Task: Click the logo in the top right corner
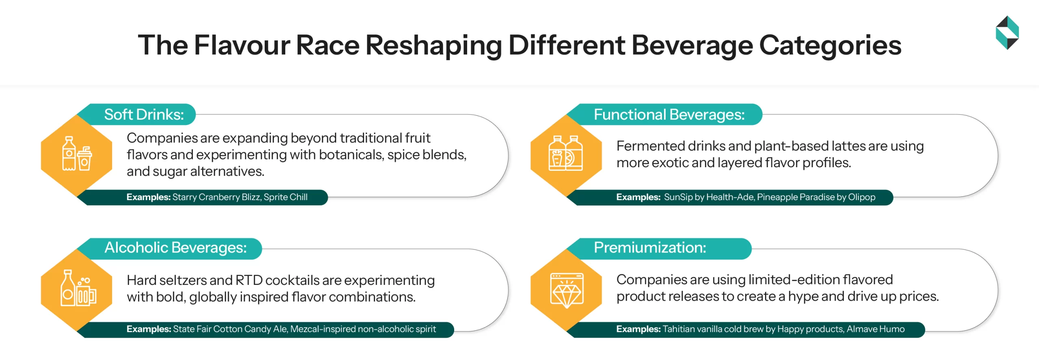[1007, 32]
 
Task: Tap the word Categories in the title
[830, 45]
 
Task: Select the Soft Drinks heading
[144, 114]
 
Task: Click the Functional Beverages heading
[669, 114]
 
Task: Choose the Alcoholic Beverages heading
[175, 248]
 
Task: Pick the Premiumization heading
[649, 248]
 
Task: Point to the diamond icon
[567, 291]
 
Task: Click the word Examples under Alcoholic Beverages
[148, 329]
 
